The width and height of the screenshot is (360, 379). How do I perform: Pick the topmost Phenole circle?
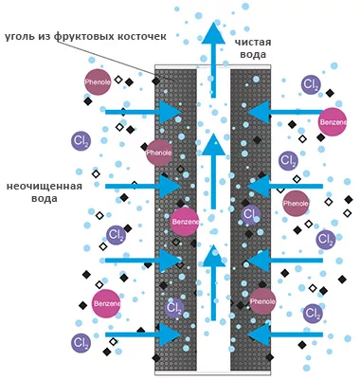(x=98, y=81)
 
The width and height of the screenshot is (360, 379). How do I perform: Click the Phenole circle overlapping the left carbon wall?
(x=159, y=152)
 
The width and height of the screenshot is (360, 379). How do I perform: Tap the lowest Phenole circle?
(x=262, y=301)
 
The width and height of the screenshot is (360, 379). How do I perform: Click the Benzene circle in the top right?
(x=333, y=123)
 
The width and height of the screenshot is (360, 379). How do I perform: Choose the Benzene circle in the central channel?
(x=186, y=223)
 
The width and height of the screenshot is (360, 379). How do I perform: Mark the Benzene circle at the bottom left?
(x=106, y=302)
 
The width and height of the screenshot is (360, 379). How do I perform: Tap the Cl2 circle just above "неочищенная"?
(x=81, y=140)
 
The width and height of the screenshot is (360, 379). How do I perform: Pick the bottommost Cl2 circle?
(x=81, y=342)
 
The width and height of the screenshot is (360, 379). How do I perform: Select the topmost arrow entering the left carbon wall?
(x=147, y=112)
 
